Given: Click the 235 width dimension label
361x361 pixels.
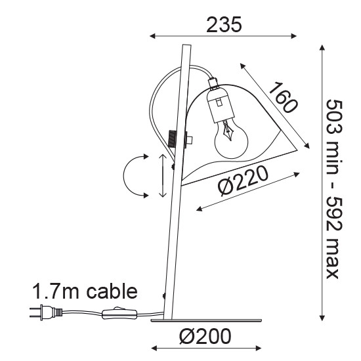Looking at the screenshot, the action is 224,24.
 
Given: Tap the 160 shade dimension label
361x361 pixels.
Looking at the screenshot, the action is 283,98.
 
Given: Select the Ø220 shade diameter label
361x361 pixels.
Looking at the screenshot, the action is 243,181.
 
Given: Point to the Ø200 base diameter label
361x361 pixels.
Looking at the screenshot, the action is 205,336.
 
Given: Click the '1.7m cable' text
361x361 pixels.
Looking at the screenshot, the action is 85,291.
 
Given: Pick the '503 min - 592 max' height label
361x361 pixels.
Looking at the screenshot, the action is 334,189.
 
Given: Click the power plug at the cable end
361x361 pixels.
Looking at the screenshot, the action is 46,312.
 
